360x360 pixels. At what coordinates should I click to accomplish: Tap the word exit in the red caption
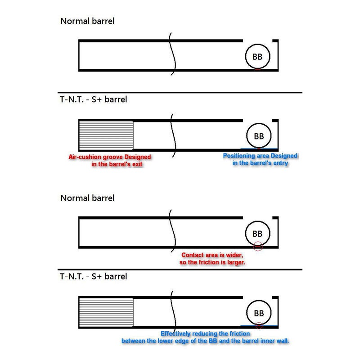click(137, 164)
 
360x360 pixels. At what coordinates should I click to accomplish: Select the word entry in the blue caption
click(281, 163)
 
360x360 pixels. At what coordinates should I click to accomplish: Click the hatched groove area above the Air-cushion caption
click(106, 135)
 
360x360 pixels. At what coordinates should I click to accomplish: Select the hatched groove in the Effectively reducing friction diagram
click(106, 312)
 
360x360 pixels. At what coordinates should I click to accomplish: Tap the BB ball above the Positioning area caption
click(259, 136)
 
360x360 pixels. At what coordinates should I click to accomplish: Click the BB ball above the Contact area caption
click(257, 234)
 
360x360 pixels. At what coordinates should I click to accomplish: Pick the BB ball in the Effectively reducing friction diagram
click(259, 313)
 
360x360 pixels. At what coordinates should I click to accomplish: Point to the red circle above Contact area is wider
click(257, 242)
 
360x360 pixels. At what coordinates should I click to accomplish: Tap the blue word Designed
click(284, 156)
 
